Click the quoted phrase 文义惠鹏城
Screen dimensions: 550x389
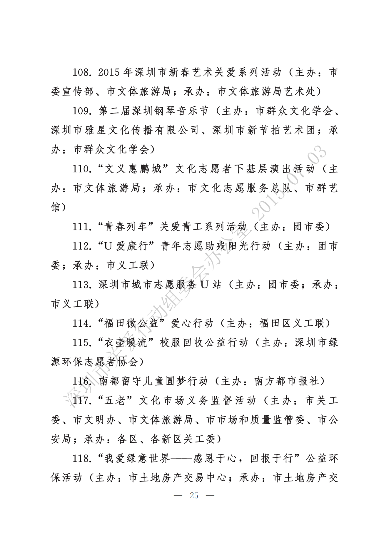(x=133, y=169)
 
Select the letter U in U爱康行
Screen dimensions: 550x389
(x=108, y=246)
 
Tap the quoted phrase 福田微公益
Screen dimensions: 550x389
(x=133, y=323)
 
